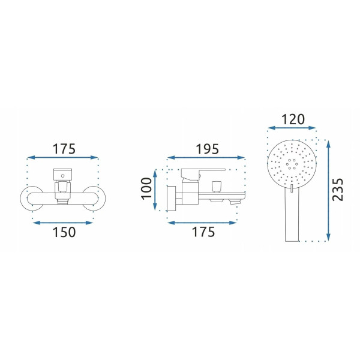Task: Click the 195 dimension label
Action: [207, 149]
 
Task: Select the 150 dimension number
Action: [64, 232]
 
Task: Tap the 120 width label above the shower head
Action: [293, 119]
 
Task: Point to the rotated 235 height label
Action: [338, 190]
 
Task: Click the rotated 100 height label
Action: [147, 189]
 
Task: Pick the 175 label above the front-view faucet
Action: [64, 149]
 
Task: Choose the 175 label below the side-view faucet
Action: [203, 232]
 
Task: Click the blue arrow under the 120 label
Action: [292, 128]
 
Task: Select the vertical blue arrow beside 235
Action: [328, 191]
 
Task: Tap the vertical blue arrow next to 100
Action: [155, 190]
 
